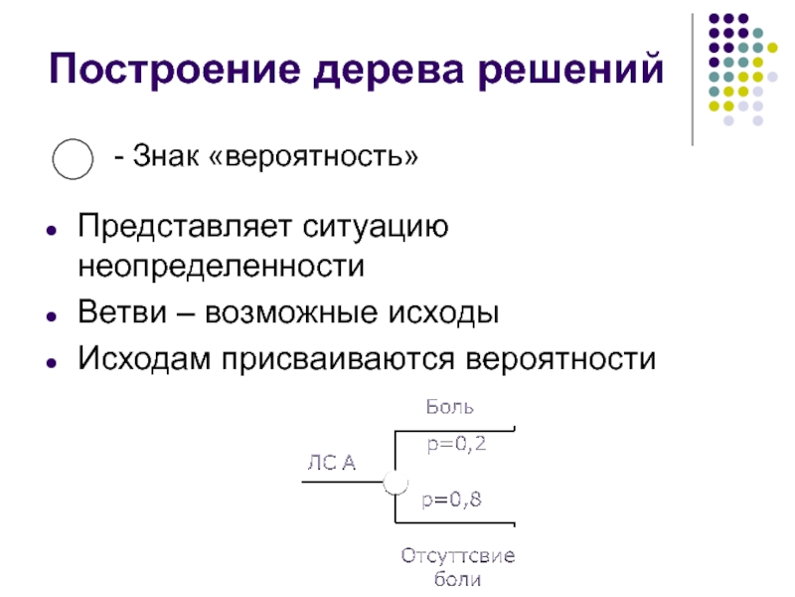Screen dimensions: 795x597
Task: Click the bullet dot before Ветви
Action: click(x=49, y=313)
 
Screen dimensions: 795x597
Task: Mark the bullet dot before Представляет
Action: click(x=49, y=228)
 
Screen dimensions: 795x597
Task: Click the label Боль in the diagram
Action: click(x=450, y=406)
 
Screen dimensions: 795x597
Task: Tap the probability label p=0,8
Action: click(x=452, y=500)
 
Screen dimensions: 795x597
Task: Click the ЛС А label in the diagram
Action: click(x=331, y=461)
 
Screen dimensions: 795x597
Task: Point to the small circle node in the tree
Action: click(x=396, y=483)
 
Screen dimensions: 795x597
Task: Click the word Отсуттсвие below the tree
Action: click(x=458, y=554)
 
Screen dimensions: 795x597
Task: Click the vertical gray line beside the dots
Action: click(x=693, y=80)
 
